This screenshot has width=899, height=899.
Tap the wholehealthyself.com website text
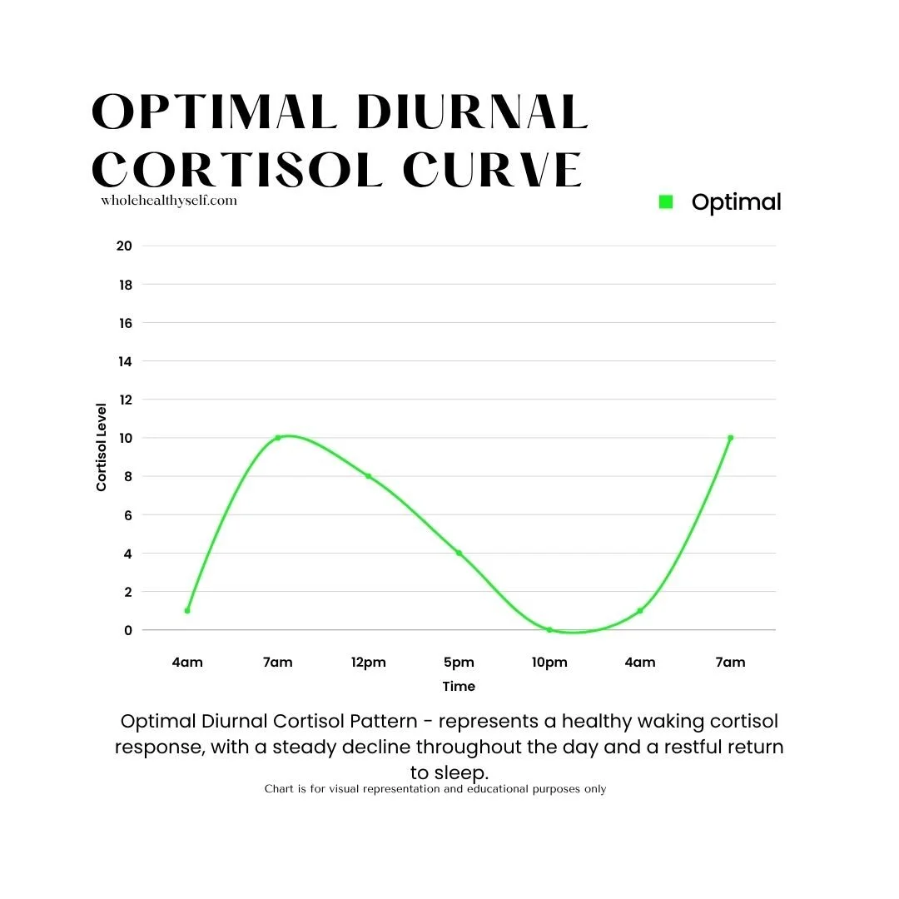(169, 201)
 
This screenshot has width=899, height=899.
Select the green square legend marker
(665, 201)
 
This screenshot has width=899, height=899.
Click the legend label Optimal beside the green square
(736, 201)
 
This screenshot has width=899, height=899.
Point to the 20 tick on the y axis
(124, 246)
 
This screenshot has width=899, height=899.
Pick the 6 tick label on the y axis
(127, 515)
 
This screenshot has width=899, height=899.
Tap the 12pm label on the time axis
(368, 663)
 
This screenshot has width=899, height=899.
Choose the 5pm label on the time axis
(459, 663)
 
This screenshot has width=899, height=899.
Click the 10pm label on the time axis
(549, 663)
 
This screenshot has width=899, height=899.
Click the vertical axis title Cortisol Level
(102, 447)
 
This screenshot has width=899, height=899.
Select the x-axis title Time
(459, 687)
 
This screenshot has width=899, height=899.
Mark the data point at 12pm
(368, 476)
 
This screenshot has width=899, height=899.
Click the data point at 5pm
(459, 553)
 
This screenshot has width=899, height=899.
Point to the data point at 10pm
(549, 630)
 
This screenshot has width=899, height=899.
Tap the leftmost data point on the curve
(187, 611)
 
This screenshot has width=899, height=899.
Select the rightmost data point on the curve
(730, 438)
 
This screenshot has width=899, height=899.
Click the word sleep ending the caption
(461, 772)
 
